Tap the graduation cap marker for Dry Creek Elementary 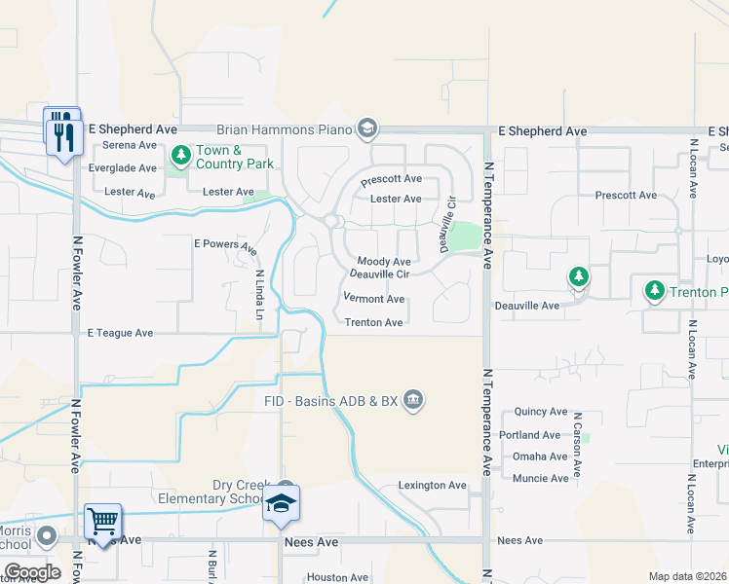pyautogui.click(x=281, y=502)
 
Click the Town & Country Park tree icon pyautogui.click(x=181, y=155)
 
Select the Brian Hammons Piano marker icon pyautogui.click(x=367, y=128)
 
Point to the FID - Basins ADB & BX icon pyautogui.click(x=413, y=399)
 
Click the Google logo pyautogui.click(x=32, y=572)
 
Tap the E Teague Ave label pyautogui.click(x=120, y=333)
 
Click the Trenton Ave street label pyautogui.click(x=374, y=323)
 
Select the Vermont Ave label pyautogui.click(x=373, y=299)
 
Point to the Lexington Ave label pyautogui.click(x=433, y=485)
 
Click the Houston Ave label pyautogui.click(x=336, y=577)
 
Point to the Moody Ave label pyautogui.click(x=384, y=262)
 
